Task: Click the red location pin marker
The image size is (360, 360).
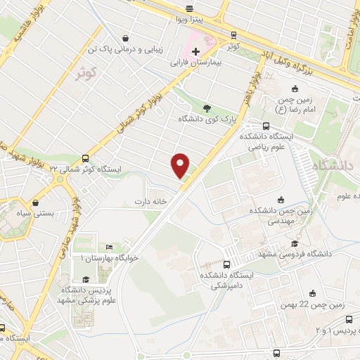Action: pos(181,166)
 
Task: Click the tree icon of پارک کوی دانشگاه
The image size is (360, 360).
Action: pos(207,108)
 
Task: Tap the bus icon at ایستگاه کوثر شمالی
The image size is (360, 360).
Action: pos(86,158)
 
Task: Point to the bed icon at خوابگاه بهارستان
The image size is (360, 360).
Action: pos(108,247)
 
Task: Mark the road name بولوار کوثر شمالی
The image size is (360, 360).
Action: pos(150,108)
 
